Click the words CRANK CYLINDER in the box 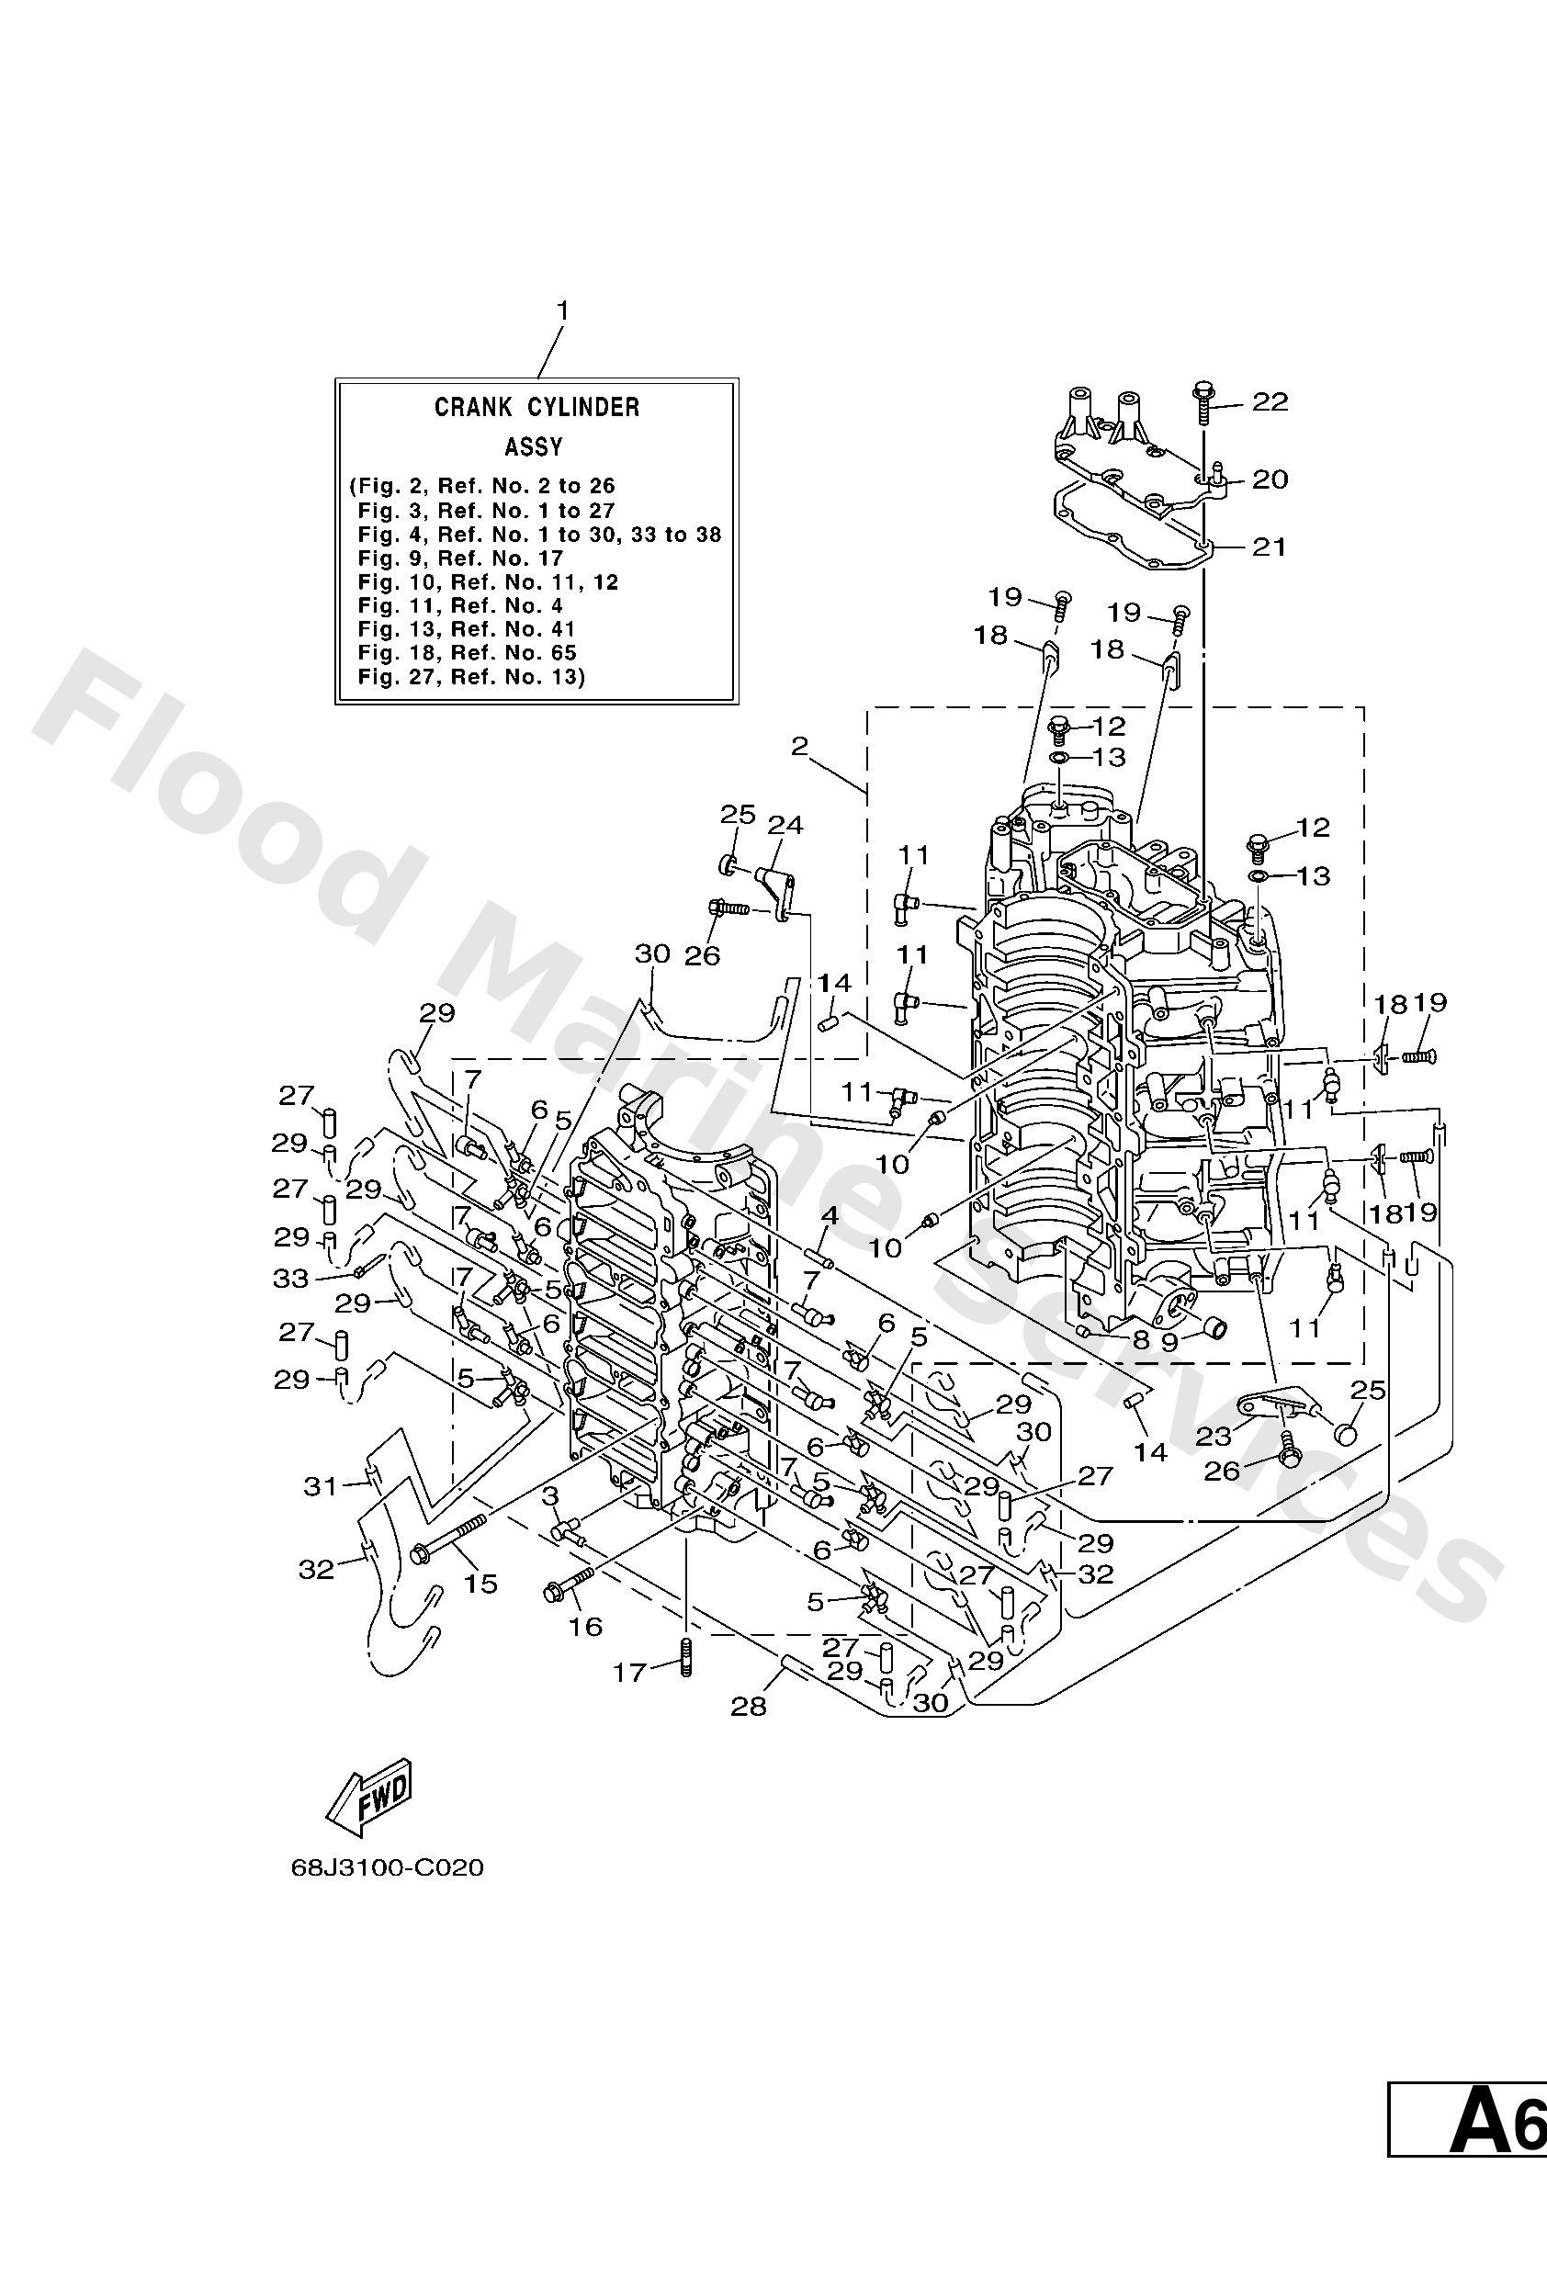[x=536, y=407]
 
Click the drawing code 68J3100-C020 [x=388, y=1867]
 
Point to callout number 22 [x=1270, y=402]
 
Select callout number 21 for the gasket [x=1270, y=546]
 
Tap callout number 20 [x=1270, y=479]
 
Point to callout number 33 [x=291, y=1279]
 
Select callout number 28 [x=748, y=1707]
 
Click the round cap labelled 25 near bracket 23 [x=1346, y=1435]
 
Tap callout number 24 [x=785, y=826]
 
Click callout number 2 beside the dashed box [x=799, y=747]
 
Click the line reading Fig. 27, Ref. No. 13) [x=470, y=676]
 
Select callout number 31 [x=321, y=1486]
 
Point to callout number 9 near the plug [x=1169, y=1342]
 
